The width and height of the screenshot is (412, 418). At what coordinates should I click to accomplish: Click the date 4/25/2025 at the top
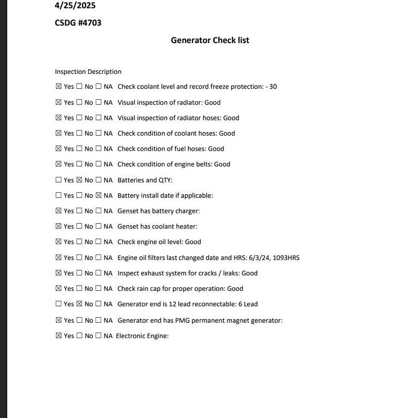click(75, 6)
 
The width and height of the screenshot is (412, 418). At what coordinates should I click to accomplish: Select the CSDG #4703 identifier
click(78, 23)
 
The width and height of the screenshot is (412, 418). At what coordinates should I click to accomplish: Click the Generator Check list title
click(210, 40)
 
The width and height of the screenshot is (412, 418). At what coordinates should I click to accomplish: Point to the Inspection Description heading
click(88, 72)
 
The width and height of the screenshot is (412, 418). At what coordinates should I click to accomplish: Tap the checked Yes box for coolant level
click(59, 86)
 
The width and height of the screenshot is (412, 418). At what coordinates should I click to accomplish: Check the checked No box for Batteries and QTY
click(79, 180)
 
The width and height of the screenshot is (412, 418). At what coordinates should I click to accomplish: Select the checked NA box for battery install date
click(98, 196)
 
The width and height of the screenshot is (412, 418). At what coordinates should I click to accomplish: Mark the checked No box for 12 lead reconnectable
click(79, 304)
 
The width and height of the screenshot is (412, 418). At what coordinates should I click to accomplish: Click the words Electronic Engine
click(142, 336)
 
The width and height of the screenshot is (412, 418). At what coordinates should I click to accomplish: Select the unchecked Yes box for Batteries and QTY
click(59, 180)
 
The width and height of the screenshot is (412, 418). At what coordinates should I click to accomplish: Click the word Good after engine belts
click(222, 164)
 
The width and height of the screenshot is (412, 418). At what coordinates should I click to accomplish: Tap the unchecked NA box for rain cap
click(98, 288)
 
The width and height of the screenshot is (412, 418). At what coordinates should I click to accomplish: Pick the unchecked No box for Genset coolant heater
click(79, 226)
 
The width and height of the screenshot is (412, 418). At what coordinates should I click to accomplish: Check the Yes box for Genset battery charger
click(59, 211)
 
